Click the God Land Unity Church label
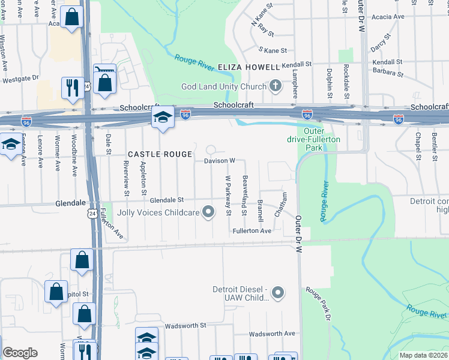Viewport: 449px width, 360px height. click(224, 86)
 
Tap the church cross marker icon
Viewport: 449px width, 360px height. click(276, 85)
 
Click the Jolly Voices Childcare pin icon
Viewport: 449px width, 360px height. click(208, 211)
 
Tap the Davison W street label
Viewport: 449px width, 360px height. click(219, 161)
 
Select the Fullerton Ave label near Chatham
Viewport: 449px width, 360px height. click(253, 231)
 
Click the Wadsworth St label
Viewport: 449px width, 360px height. click(185, 325)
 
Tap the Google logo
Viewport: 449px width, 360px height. click(20, 353)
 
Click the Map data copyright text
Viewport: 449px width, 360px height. click(423, 355)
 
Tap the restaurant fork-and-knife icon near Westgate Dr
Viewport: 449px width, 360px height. click(72, 88)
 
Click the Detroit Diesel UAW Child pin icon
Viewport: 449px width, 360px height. click(277, 293)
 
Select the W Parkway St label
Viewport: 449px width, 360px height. click(228, 195)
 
